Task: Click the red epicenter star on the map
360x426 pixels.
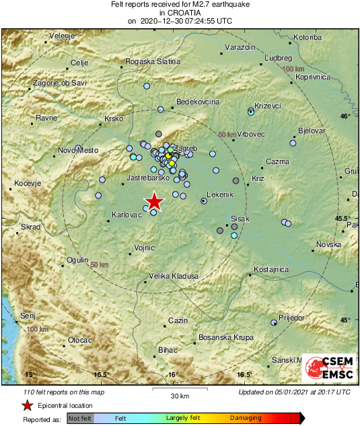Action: pos(155,201)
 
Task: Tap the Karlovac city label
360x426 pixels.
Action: pos(126,215)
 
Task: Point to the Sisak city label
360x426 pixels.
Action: pos(240,219)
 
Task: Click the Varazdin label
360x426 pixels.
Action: pos(241,48)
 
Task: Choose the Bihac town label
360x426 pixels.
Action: pos(166,351)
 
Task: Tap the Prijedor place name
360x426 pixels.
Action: pos(291,317)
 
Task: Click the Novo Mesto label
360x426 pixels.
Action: pos(75,150)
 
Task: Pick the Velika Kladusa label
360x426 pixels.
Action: pos(174,276)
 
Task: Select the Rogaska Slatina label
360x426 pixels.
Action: pos(153,61)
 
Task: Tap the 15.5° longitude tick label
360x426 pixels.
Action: pos(101,374)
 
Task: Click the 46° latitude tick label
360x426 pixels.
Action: pos(346,116)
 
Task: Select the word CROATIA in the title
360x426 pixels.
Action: pos(180,12)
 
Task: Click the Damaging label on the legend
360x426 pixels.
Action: pos(246,418)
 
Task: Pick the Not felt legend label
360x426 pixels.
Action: pos(80,418)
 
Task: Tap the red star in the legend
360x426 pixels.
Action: pos(27,405)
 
